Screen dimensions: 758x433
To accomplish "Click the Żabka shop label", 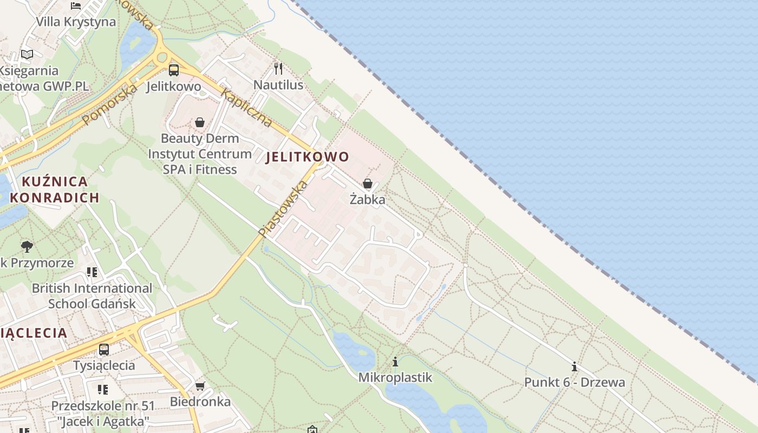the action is click(x=368, y=200).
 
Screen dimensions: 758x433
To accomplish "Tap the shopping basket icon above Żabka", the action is click(x=368, y=183).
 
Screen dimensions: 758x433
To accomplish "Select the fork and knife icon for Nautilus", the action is click(x=278, y=68).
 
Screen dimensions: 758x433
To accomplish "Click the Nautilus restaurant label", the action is click(x=278, y=85).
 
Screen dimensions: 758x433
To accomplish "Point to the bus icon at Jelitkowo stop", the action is click(x=174, y=70).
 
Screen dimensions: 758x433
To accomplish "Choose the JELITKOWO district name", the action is click(x=307, y=157).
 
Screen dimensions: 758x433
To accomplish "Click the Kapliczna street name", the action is click(x=246, y=108).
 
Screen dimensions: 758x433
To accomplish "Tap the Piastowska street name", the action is click(x=283, y=209).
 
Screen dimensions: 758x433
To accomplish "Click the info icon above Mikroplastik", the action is click(x=395, y=362).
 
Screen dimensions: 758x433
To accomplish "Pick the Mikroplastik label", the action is click(x=395, y=377).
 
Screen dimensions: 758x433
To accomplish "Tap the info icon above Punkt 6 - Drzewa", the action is click(x=574, y=366).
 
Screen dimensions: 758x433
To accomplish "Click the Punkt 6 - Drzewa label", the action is click(x=574, y=382).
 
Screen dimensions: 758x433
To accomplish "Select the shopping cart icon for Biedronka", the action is click(x=200, y=386).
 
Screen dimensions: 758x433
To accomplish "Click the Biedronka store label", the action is click(x=200, y=402).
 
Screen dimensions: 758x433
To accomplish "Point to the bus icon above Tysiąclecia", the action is click(x=103, y=350).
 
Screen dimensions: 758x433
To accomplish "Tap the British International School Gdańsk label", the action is click(x=92, y=296).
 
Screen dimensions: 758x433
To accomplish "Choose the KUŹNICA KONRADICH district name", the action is click(x=54, y=189).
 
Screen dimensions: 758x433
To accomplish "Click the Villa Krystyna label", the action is click(x=76, y=22).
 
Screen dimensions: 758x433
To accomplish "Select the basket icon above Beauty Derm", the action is click(x=200, y=122).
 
